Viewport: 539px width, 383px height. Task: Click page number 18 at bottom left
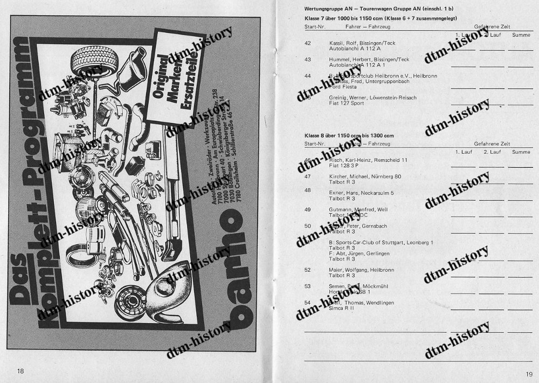coord(20,371)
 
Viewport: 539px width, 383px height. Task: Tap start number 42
coord(308,43)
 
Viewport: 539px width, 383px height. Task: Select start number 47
coord(308,176)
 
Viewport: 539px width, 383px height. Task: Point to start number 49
coord(308,209)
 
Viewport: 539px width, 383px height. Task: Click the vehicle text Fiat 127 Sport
coord(348,103)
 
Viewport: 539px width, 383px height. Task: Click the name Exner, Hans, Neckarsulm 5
coord(362,193)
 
